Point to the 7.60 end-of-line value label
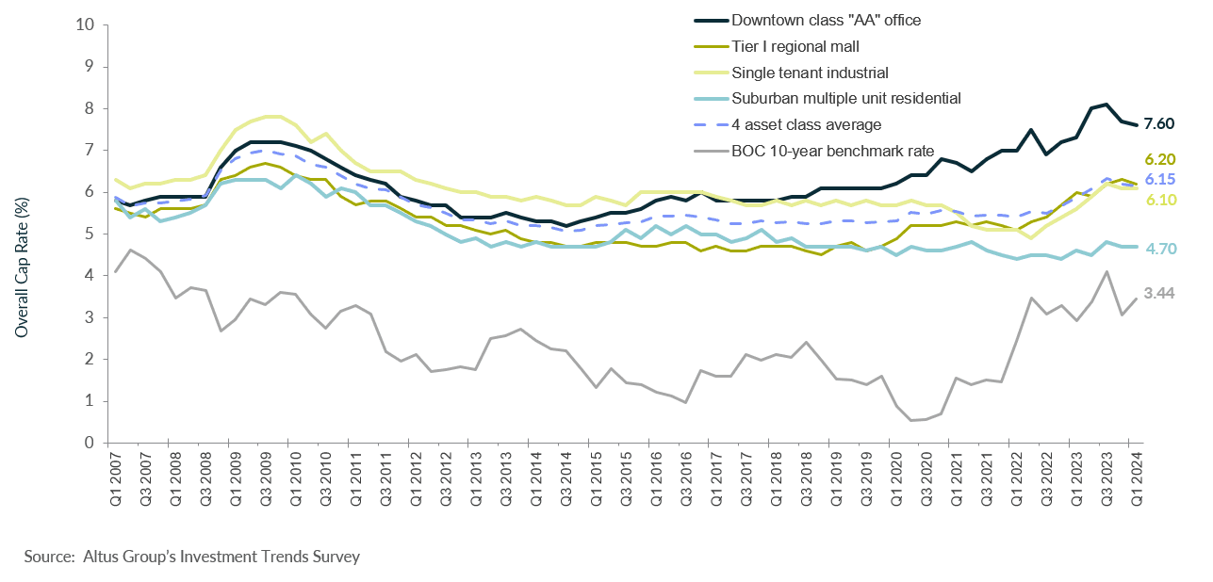pyautogui.click(x=1158, y=124)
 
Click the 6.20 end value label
pyautogui.click(x=1158, y=159)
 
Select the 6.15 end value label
pyautogui.click(x=1158, y=179)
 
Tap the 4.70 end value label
pyautogui.click(x=1158, y=249)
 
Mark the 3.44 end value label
pyautogui.click(x=1158, y=294)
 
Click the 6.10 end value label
pyautogui.click(x=1158, y=199)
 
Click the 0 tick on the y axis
pyautogui.click(x=88, y=443)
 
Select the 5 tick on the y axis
pyautogui.click(x=88, y=234)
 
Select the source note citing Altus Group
pyautogui.click(x=192, y=557)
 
